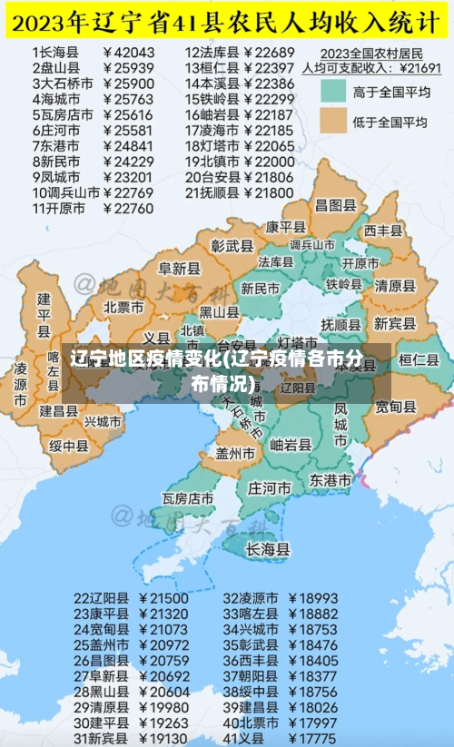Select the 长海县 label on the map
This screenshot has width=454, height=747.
point(269,549)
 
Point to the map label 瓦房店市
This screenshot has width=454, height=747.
point(188,498)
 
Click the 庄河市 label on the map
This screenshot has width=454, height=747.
point(270,488)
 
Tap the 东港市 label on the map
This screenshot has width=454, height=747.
point(331,478)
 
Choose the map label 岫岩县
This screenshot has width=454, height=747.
point(291,445)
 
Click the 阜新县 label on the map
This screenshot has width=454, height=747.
point(178,269)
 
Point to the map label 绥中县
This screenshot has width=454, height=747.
point(68,445)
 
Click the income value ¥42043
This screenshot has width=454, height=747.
point(130,53)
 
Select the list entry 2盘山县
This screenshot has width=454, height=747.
point(54,68)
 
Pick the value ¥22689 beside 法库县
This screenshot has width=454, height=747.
point(270,53)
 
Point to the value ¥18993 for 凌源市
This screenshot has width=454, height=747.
point(312,599)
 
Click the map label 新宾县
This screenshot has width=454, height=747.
point(393,323)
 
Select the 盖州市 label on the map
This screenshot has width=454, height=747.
point(236,452)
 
